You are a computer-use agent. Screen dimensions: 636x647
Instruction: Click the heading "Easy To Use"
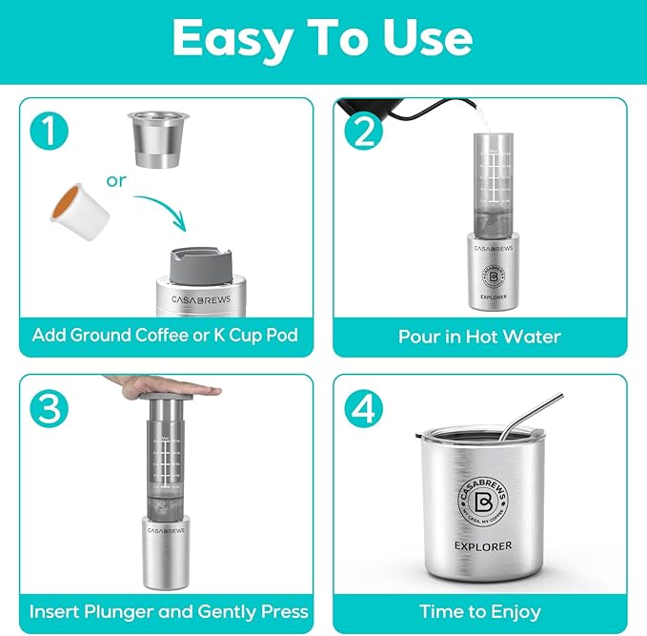pos(323,38)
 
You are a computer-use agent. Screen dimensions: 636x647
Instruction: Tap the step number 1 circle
pos(49,130)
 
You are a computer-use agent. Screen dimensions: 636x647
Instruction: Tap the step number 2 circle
pos(362,130)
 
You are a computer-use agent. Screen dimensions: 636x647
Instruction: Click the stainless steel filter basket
pos(155,138)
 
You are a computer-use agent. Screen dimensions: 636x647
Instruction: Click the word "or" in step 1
pos(116,179)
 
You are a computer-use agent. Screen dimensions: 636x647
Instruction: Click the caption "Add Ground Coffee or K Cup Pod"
pos(166,335)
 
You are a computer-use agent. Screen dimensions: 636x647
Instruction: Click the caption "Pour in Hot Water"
pos(479,336)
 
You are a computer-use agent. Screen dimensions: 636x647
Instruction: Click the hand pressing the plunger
pos(162,384)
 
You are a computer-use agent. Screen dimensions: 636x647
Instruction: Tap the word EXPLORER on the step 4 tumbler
pos(479,545)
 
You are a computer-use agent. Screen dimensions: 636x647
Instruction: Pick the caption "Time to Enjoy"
pos(479,611)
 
